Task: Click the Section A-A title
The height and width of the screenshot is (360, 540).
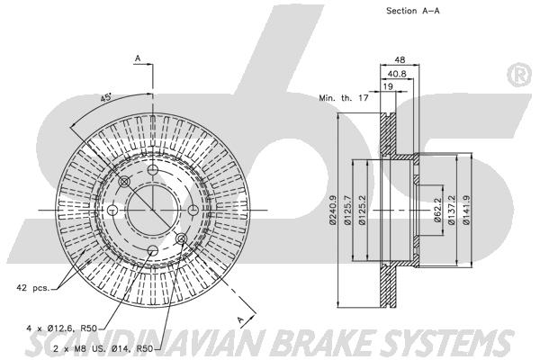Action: [x=412, y=11]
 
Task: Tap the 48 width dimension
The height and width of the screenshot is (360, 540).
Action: [x=400, y=59]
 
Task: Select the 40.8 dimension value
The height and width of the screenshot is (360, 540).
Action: [x=397, y=74]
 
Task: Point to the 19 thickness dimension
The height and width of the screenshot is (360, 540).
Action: [x=388, y=86]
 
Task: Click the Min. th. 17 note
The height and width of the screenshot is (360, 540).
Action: [x=344, y=98]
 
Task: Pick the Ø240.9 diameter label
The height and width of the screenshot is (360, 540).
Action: [x=332, y=210]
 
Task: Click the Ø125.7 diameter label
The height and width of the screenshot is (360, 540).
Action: [x=347, y=210]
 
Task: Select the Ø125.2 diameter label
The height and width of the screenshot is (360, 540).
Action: [x=362, y=210]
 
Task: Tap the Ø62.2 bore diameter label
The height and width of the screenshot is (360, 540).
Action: [x=437, y=210]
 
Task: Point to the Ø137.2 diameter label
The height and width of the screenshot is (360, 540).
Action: [x=452, y=210]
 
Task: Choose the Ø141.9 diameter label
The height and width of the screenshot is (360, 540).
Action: [x=466, y=210]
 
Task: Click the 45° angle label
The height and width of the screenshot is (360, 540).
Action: [x=106, y=98]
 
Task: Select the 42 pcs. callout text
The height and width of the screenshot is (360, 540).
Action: [x=32, y=287]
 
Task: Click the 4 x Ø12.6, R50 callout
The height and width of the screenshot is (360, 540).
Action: [x=61, y=328]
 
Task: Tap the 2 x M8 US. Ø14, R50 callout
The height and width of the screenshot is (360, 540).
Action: [x=103, y=348]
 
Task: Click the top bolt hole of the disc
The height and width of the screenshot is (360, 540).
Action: [x=152, y=169]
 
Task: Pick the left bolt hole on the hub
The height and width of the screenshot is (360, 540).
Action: [x=112, y=210]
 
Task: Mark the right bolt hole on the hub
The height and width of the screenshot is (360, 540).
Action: [x=193, y=210]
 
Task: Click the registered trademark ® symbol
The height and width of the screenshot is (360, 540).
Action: [x=518, y=76]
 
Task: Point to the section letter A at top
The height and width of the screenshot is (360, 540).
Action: [x=138, y=58]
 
